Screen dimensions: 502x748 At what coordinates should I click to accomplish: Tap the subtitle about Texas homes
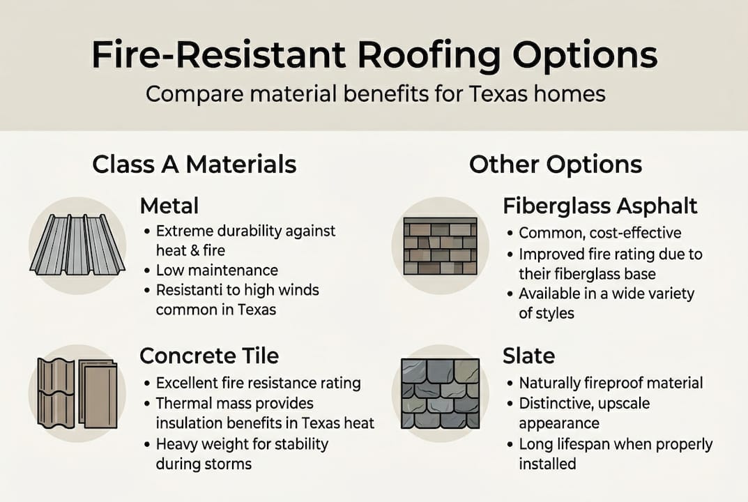point(374,93)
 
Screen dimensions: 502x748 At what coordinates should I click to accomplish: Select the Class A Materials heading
point(194,165)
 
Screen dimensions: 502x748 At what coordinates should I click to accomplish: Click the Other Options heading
point(555,165)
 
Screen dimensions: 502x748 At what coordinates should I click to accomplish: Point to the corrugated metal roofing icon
point(77,244)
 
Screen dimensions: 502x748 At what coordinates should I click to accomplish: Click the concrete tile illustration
point(77,393)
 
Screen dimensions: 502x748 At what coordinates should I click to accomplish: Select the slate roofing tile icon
point(440,393)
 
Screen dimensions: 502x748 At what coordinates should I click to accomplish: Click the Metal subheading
point(169,206)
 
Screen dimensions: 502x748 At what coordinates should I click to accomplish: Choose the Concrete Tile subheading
point(209,356)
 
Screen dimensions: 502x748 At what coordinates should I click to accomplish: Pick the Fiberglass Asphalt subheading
point(600,206)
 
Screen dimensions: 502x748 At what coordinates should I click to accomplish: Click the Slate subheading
point(528,356)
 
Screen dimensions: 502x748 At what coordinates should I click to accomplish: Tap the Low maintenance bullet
point(217,270)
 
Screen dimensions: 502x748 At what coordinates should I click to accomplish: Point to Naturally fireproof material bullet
point(611,383)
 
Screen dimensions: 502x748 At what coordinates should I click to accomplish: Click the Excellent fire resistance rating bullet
point(258,383)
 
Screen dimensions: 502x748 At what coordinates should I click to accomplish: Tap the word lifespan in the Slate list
point(586,443)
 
